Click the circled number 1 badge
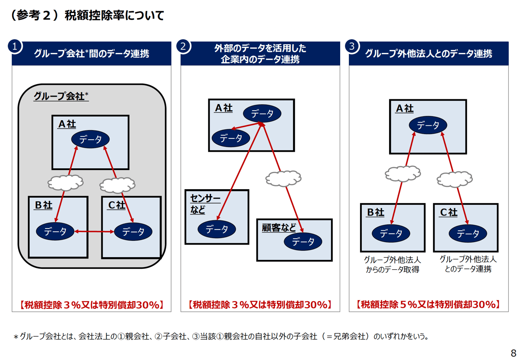[x=15, y=46]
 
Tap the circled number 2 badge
[x=184, y=46]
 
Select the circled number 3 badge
[x=352, y=46]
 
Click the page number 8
[x=513, y=353]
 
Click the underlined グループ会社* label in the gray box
[x=61, y=96]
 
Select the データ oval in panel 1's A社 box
[x=91, y=139]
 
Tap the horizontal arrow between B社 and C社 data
[x=94, y=232]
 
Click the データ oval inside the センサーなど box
[x=217, y=229]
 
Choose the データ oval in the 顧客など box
[x=303, y=242]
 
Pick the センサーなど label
[x=205, y=204]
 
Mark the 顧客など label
[x=279, y=228]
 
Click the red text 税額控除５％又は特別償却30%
[x=428, y=304]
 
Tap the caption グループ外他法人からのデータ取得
[x=392, y=265]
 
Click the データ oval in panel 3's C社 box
[x=468, y=234]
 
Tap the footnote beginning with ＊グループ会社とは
[x=221, y=337]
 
